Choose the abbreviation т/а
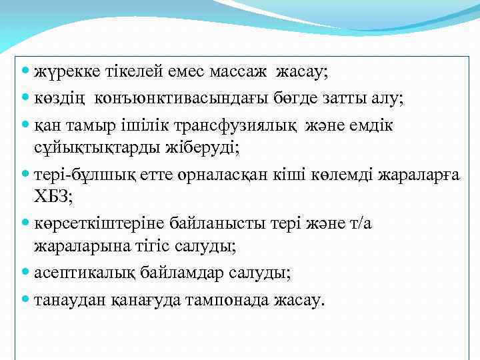pos(360,223)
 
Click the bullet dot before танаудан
pos(25,299)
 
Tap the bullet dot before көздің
pos(25,99)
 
